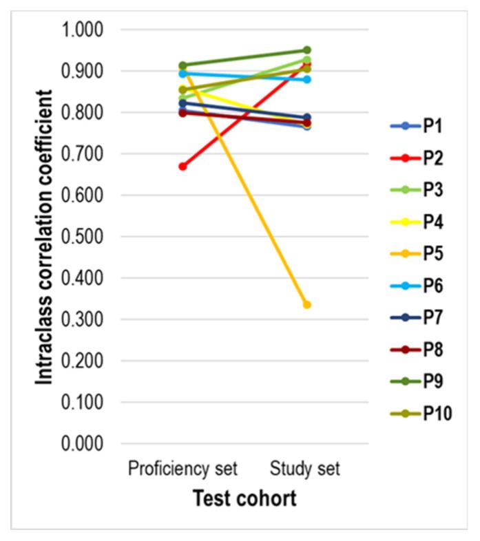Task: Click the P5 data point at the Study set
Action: pyautogui.click(x=307, y=304)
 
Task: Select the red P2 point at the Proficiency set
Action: pyautogui.click(x=182, y=167)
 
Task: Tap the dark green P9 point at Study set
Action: pyautogui.click(x=307, y=50)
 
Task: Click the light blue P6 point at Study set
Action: pyautogui.click(x=307, y=79)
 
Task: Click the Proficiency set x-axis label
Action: pyautogui.click(x=182, y=469)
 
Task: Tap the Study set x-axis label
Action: pyautogui.click(x=306, y=469)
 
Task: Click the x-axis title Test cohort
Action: pyautogui.click(x=244, y=498)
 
